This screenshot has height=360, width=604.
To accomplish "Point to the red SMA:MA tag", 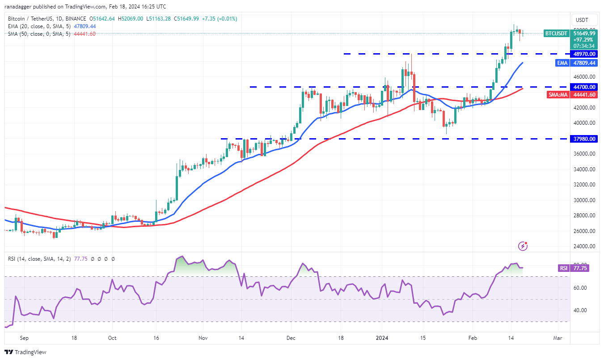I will (x=558, y=94).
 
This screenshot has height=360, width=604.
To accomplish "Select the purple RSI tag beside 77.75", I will (x=563, y=268).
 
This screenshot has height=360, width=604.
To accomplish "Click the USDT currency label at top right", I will (x=582, y=20).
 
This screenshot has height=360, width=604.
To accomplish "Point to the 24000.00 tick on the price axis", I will (x=584, y=246).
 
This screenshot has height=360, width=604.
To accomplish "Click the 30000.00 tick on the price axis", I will (x=584, y=200).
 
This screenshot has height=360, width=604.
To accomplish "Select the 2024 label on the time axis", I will (x=382, y=338).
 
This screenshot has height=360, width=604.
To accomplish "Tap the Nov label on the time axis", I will (x=203, y=338).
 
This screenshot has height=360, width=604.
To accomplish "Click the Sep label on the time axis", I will (x=24, y=338).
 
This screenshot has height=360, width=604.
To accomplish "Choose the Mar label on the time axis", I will (x=557, y=338).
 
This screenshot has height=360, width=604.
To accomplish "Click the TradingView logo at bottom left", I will (x=25, y=352).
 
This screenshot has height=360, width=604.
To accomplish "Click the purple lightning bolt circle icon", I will (x=523, y=246).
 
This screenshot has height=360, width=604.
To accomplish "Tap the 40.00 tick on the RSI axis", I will (x=579, y=310).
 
